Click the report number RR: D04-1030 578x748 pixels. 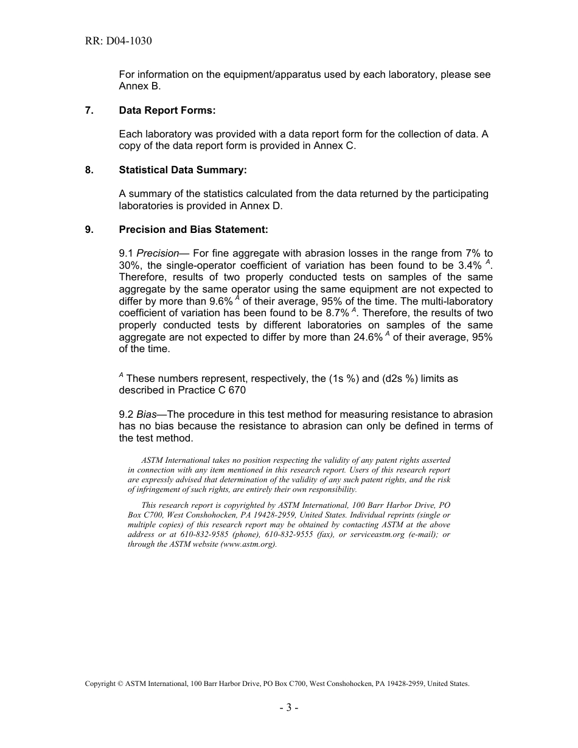pyautogui.click(x=119, y=41)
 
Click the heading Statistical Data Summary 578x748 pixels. pyautogui.click(x=183, y=170)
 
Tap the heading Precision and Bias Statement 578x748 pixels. pyautogui.click(x=193, y=229)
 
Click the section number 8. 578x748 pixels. pyautogui.click(x=89, y=170)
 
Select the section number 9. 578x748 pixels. pyautogui.click(x=89, y=229)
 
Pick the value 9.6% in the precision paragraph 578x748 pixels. pyautogui.click(x=221, y=301)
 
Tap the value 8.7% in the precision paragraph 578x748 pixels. pyautogui.click(x=337, y=313)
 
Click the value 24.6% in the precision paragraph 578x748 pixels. pyautogui.click(x=368, y=337)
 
